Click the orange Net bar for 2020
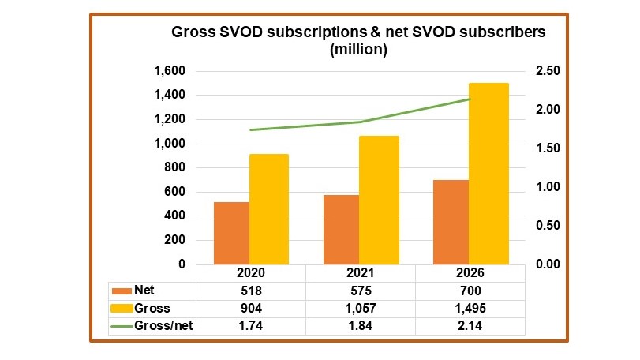(231, 233)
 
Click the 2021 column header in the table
(360, 272)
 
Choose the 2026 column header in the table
(470, 272)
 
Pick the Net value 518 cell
(250, 290)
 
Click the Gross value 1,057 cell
(360, 308)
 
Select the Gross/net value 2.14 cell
(470, 325)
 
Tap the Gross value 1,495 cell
(470, 308)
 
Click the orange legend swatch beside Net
(122, 290)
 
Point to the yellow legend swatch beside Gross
(122, 308)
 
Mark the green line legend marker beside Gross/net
(122, 325)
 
